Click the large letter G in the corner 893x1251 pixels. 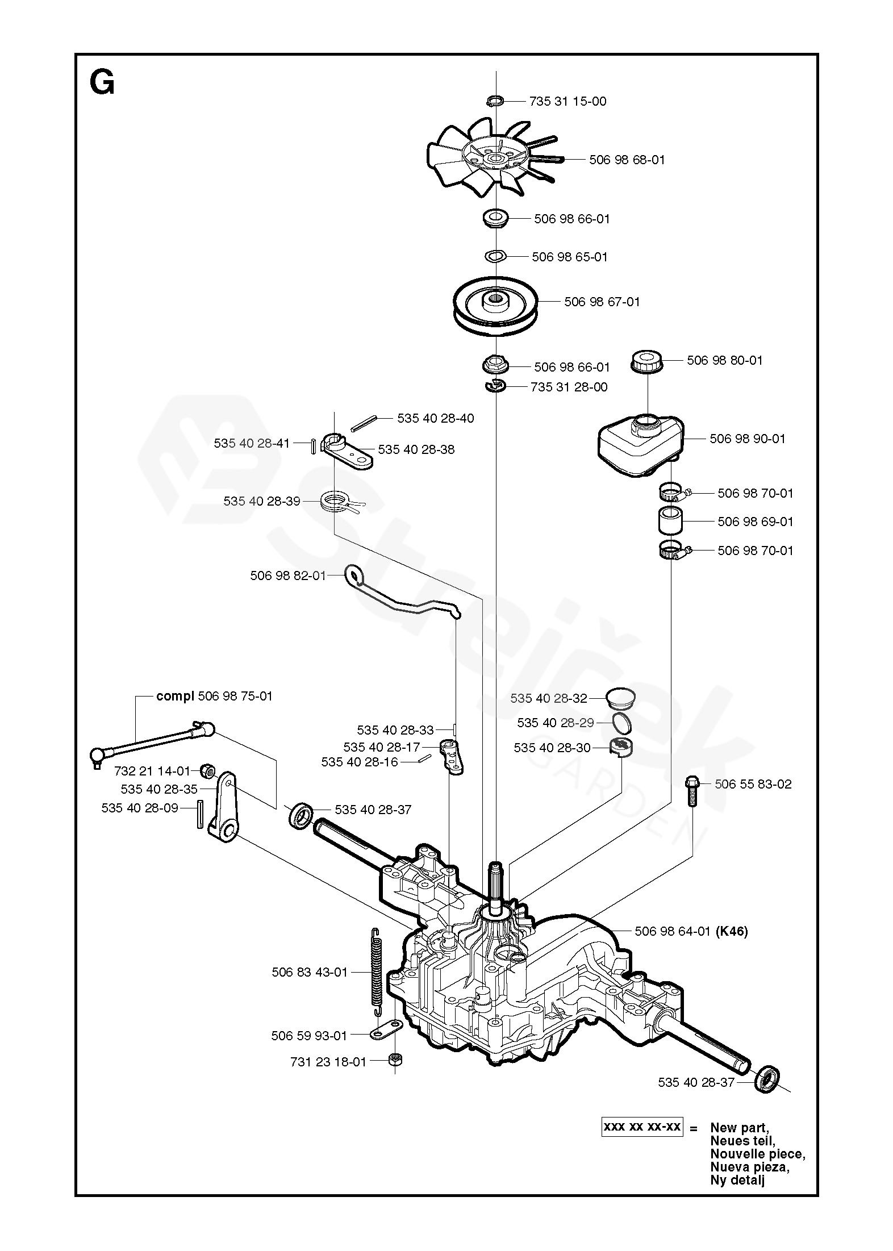(102, 84)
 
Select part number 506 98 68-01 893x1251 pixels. (627, 160)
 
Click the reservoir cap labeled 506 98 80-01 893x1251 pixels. (648, 361)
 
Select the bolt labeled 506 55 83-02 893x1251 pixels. (691, 790)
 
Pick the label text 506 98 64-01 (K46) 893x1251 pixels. (691, 931)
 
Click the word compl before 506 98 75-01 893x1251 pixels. (175, 696)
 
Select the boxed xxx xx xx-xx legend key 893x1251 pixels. (641, 1127)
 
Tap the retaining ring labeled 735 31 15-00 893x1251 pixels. (495, 101)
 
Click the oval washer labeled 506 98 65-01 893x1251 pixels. (496, 257)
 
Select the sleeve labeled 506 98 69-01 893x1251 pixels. (670, 522)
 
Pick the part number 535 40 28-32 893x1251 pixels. (548, 698)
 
